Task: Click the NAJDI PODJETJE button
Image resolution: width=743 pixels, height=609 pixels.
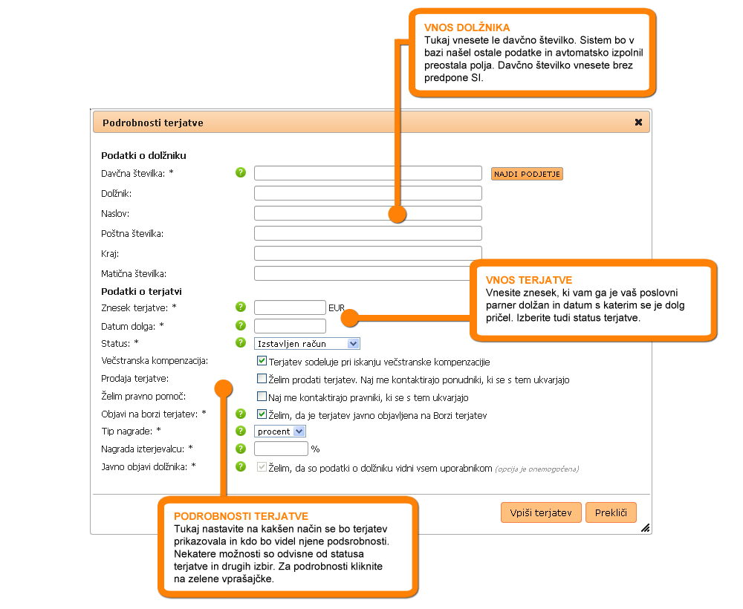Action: pyautogui.click(x=527, y=174)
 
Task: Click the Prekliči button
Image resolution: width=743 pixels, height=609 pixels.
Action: pyautogui.click(x=611, y=512)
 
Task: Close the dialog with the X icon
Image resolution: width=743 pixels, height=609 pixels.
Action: pyautogui.click(x=638, y=123)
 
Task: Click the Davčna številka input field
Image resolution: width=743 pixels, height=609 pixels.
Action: pyautogui.click(x=368, y=173)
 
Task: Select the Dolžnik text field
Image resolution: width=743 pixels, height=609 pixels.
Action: pyautogui.click(x=368, y=193)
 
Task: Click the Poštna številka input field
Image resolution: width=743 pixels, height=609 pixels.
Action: pyautogui.click(x=368, y=233)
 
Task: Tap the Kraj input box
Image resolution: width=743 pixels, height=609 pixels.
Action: pyautogui.click(x=368, y=253)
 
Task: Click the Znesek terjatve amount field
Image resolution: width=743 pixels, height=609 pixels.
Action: pyautogui.click(x=290, y=307)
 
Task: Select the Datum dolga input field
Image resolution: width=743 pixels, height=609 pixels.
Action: pyautogui.click(x=290, y=325)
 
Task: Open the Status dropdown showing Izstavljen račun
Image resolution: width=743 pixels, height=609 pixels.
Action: pyautogui.click(x=307, y=343)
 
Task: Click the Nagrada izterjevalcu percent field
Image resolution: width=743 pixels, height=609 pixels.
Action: pyautogui.click(x=281, y=449)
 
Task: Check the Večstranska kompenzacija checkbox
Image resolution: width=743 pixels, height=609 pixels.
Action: pyautogui.click(x=262, y=362)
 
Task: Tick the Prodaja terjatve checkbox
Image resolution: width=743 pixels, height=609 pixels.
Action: pyautogui.click(x=262, y=379)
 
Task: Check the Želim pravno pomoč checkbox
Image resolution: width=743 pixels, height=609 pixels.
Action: pyautogui.click(x=262, y=397)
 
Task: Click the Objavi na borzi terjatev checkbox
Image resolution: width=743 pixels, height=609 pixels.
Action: pyautogui.click(x=262, y=414)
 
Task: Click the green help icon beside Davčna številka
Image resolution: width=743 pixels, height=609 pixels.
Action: pyautogui.click(x=241, y=173)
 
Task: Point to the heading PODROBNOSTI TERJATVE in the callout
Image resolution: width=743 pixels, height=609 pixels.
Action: pyautogui.click(x=241, y=516)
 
